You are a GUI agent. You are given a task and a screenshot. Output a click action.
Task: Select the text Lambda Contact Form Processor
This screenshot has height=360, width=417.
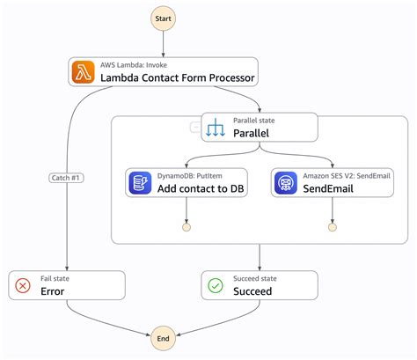coord(179,78)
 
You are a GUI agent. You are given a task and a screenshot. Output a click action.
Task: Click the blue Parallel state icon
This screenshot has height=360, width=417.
coord(216,128)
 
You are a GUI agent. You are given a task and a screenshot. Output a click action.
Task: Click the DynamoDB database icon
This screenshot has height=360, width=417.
coord(140,183)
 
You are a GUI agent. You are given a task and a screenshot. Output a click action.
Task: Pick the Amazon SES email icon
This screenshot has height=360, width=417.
coord(285,183)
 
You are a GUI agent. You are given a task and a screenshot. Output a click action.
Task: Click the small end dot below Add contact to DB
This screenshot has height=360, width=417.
coord(187,228)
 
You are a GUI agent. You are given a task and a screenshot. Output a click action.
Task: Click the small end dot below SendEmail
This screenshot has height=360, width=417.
coord(332,228)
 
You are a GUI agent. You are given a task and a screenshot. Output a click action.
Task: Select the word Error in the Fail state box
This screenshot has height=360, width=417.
coord(53,291)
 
